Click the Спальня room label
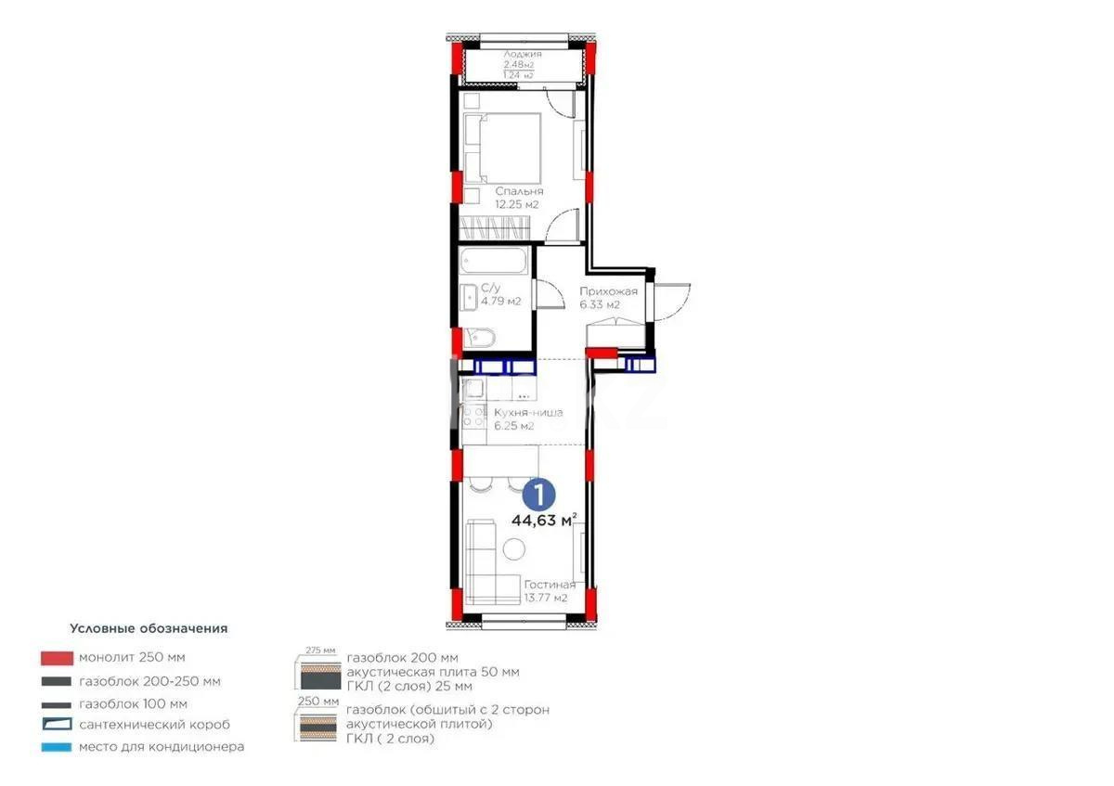[512, 191]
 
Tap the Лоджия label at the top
[522, 55]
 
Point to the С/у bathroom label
[491, 288]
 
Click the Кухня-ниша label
[527, 413]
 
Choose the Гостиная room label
[549, 585]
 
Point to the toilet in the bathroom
[481, 339]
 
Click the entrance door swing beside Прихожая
[670, 297]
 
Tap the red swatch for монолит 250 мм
[57, 658]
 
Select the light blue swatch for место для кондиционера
[57, 746]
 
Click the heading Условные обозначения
[149, 628]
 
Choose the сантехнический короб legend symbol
[57, 725]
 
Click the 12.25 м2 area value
[517, 204]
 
